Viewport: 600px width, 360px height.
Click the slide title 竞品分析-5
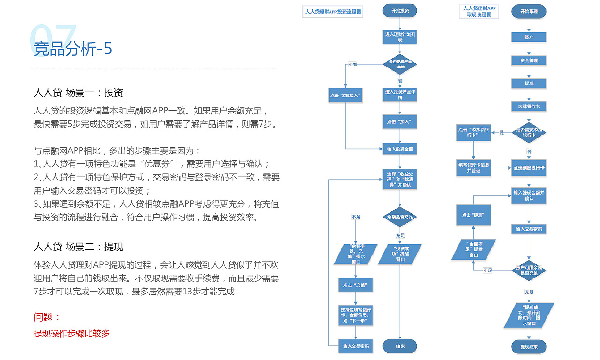[73, 48]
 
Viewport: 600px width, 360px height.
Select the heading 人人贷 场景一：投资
[78, 92]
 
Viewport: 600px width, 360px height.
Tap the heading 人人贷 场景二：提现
[78, 247]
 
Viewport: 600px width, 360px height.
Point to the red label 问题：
[47, 317]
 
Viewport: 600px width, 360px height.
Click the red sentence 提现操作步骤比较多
[72, 333]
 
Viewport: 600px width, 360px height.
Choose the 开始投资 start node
[399, 11]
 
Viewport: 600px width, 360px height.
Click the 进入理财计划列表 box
[400, 37]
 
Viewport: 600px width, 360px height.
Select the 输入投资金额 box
[399, 149]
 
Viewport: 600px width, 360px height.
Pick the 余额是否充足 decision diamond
[400, 217]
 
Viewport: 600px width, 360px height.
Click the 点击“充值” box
[354, 285]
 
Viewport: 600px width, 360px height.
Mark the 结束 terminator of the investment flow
[400, 346]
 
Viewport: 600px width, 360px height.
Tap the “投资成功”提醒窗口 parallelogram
[400, 254]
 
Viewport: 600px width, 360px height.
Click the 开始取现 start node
[529, 11]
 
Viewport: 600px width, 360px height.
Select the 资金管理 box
[529, 60]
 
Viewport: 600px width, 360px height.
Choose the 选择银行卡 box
[529, 106]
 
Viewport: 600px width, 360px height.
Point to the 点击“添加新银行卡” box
[473, 133]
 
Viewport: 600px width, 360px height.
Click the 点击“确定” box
[473, 215]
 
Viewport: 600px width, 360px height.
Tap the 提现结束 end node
[529, 347]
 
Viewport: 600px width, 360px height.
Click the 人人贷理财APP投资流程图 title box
[333, 12]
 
